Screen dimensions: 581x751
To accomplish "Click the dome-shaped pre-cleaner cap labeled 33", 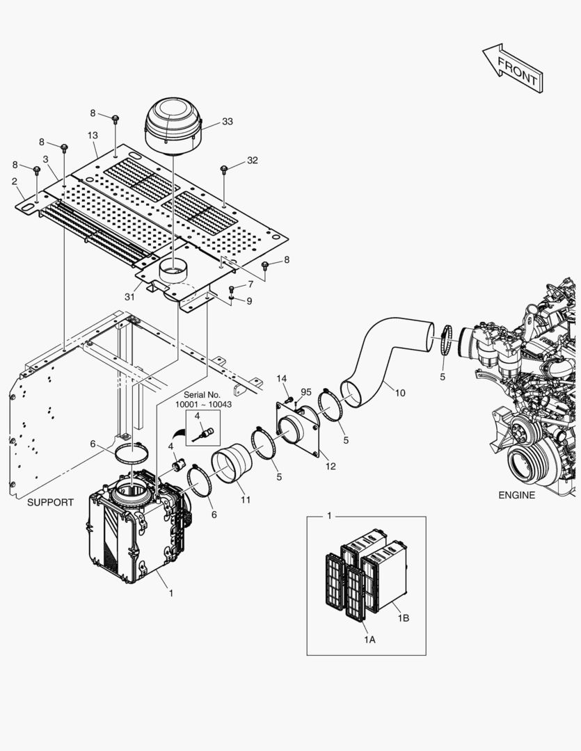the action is [172, 125].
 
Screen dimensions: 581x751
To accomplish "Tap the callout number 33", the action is [228, 122].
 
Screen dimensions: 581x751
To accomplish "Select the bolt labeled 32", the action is [224, 170].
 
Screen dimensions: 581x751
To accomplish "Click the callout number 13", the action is [93, 135].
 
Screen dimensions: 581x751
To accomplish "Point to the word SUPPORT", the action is [50, 502].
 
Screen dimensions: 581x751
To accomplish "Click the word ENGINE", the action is [517, 495].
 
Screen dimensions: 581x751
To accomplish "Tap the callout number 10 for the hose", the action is [399, 393].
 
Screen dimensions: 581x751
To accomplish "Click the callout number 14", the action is [281, 378].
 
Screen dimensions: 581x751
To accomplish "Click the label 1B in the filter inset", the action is [403, 618].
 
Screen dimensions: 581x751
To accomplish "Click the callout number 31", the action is [129, 296].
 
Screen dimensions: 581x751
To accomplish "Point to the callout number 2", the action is [14, 181].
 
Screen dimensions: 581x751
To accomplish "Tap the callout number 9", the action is [250, 301].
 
